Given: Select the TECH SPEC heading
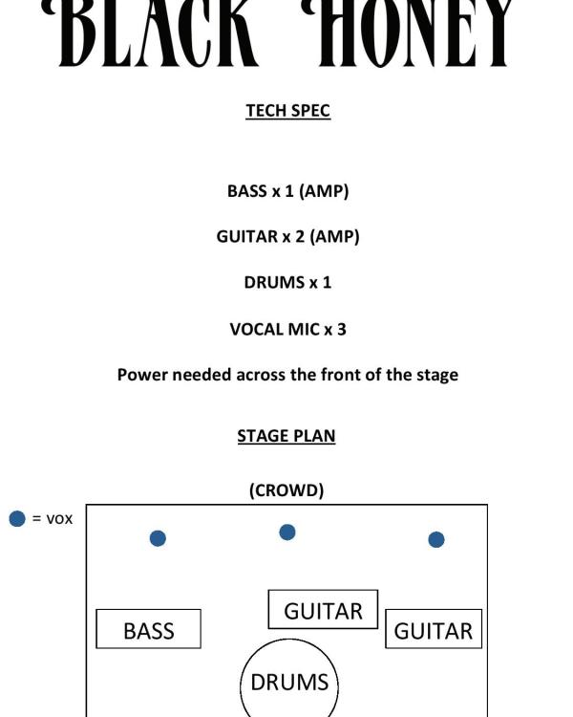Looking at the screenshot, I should (287, 111).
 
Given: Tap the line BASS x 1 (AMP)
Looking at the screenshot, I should (287, 191).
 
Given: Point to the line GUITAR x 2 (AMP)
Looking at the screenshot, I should (287, 236).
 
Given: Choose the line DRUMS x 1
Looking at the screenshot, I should (287, 283).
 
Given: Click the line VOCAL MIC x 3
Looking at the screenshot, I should (287, 329).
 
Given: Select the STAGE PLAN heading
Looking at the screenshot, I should (286, 436).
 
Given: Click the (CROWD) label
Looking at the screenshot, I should (286, 490).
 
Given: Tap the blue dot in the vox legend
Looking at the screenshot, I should (17, 519).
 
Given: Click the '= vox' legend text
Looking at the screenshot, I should (53, 519).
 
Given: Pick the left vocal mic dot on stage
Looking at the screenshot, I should (158, 538).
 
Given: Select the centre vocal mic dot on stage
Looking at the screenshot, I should (287, 532).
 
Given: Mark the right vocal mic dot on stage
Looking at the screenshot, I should (436, 539).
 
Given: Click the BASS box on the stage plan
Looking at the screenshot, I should (149, 629).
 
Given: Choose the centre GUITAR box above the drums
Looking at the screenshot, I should (323, 610).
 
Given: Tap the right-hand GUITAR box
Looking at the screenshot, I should (434, 629).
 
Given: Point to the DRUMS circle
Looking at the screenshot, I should (289, 682).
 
